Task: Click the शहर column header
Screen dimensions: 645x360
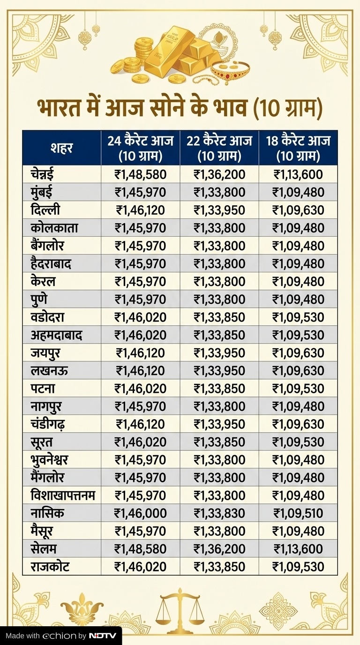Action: [x=61, y=148]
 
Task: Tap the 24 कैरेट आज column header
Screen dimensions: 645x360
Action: [x=140, y=148]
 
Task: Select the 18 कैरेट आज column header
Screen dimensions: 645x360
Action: [x=298, y=148]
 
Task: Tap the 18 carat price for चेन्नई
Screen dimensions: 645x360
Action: [x=298, y=175]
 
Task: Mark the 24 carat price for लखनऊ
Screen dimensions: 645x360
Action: [x=140, y=371]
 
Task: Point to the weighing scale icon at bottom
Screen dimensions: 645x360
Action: [x=180, y=609]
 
